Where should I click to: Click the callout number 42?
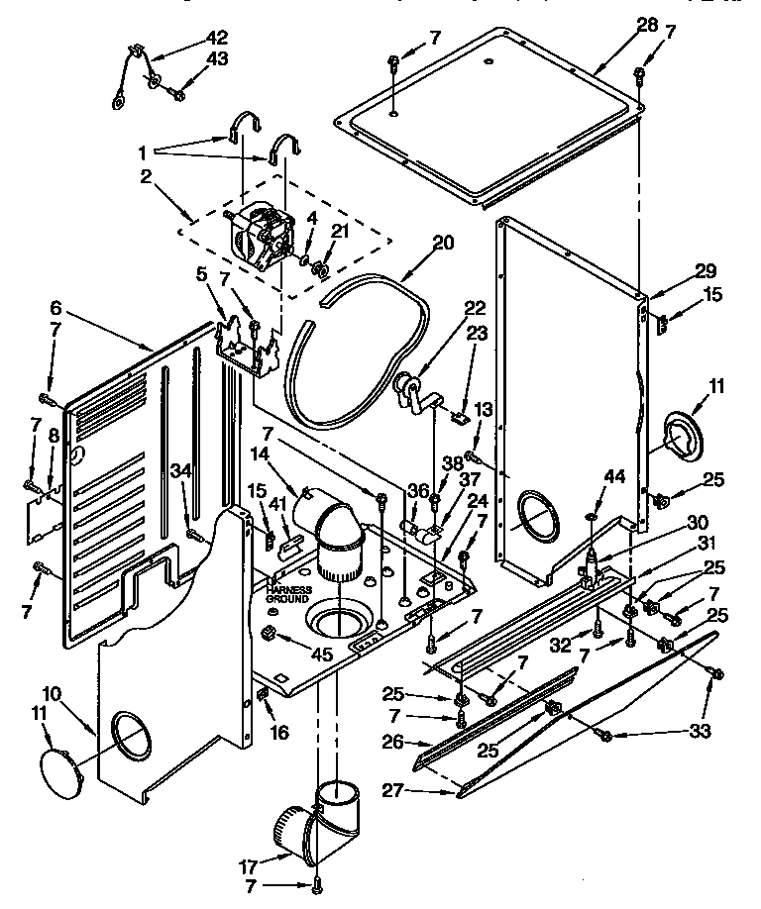217,38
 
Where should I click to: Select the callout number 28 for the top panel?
647,24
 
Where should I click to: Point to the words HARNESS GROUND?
288,594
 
